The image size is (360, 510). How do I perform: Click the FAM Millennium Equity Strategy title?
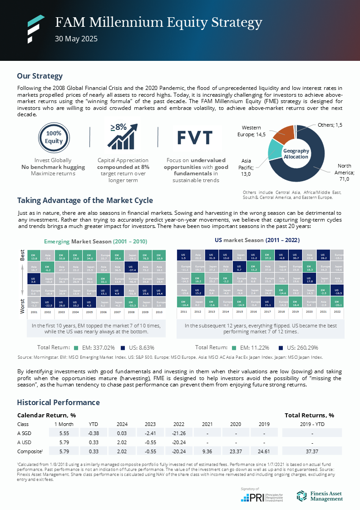158,22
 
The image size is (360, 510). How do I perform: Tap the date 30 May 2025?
76,39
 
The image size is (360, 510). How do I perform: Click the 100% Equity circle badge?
54,137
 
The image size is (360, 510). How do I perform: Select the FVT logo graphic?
194,137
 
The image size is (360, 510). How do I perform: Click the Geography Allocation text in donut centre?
296,153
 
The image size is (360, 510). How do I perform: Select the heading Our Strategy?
40,76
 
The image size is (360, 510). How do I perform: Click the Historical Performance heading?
58,402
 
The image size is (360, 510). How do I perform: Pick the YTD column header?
94,424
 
